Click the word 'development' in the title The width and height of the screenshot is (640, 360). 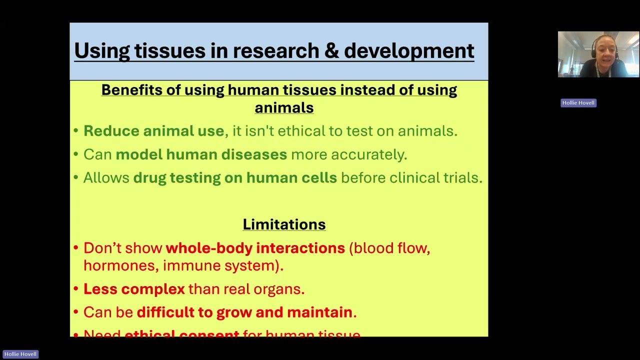pyautogui.click(x=409, y=51)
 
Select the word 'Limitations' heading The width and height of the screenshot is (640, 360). pyautogui.click(x=284, y=224)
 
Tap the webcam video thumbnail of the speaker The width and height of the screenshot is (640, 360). pyautogui.click(x=598, y=54)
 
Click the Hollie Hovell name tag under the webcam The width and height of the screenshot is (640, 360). pyautogui.click(x=578, y=102)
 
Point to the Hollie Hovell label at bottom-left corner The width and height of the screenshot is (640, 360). pyautogui.click(x=20, y=354)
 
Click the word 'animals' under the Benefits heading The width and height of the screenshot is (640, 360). pyautogui.click(x=284, y=107)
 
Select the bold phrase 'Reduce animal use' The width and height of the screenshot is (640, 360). pyautogui.click(x=153, y=131)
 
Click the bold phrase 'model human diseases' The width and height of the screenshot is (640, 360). pyautogui.click(x=201, y=154)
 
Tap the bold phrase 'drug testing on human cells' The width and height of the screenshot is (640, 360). pyautogui.click(x=235, y=178)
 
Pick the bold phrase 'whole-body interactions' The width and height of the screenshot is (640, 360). pyautogui.click(x=255, y=248)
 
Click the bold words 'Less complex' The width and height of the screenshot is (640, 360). pyautogui.click(x=134, y=289)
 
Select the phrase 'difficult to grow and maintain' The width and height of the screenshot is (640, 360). pyautogui.click(x=244, y=312)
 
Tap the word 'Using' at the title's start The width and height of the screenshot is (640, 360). pyautogui.click(x=101, y=51)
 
